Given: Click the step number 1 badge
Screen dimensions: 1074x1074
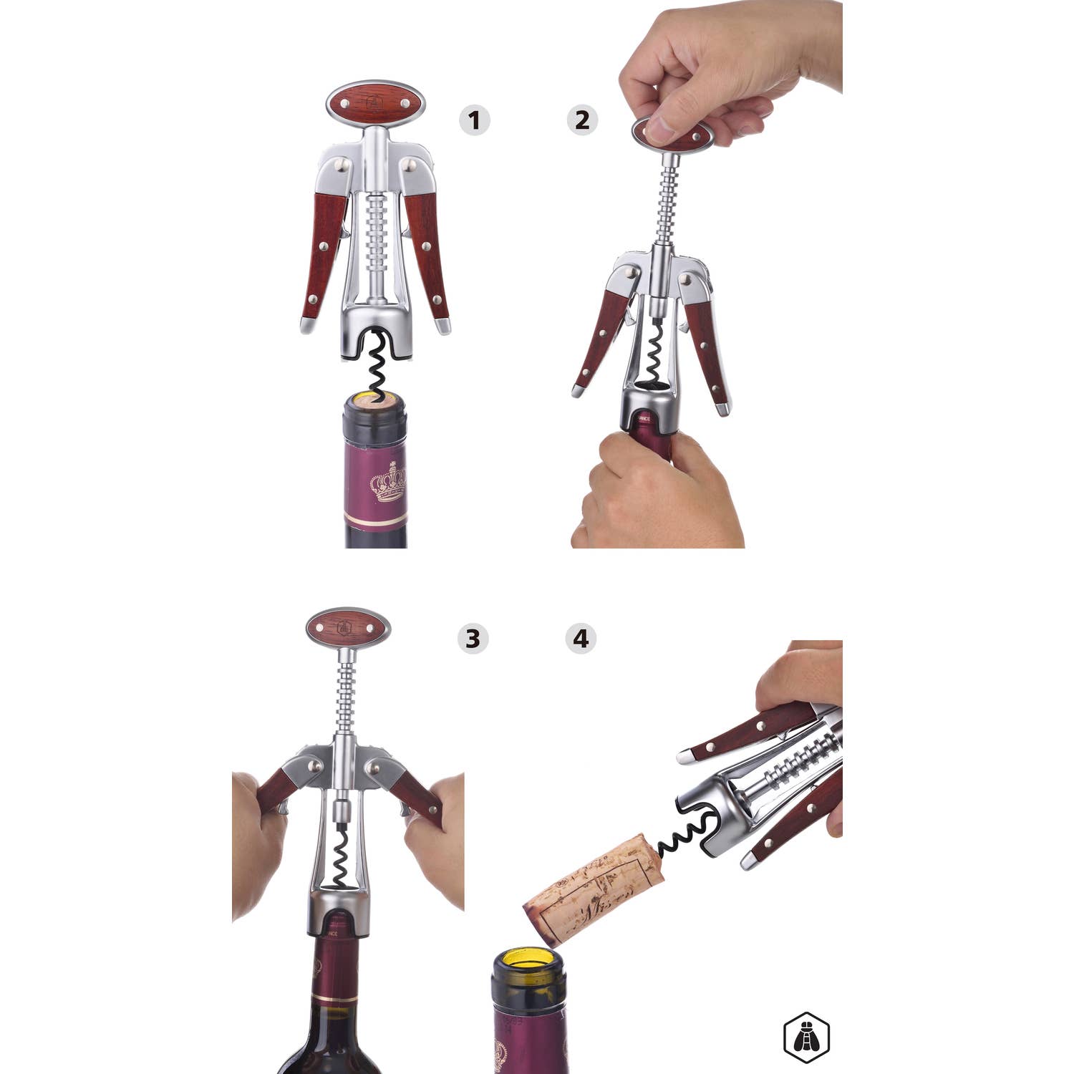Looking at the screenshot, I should (474, 120).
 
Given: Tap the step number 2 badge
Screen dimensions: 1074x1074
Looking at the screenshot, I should (582, 120).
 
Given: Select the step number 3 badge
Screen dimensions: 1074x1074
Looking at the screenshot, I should (473, 638).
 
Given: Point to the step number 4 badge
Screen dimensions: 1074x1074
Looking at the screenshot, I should (581, 638).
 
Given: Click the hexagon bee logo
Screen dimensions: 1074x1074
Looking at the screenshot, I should (806, 1036).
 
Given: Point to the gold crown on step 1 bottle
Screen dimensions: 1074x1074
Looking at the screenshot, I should (387, 481).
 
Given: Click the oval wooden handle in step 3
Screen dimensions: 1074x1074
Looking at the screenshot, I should (348, 628).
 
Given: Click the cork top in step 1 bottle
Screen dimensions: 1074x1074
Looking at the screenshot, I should (374, 402).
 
